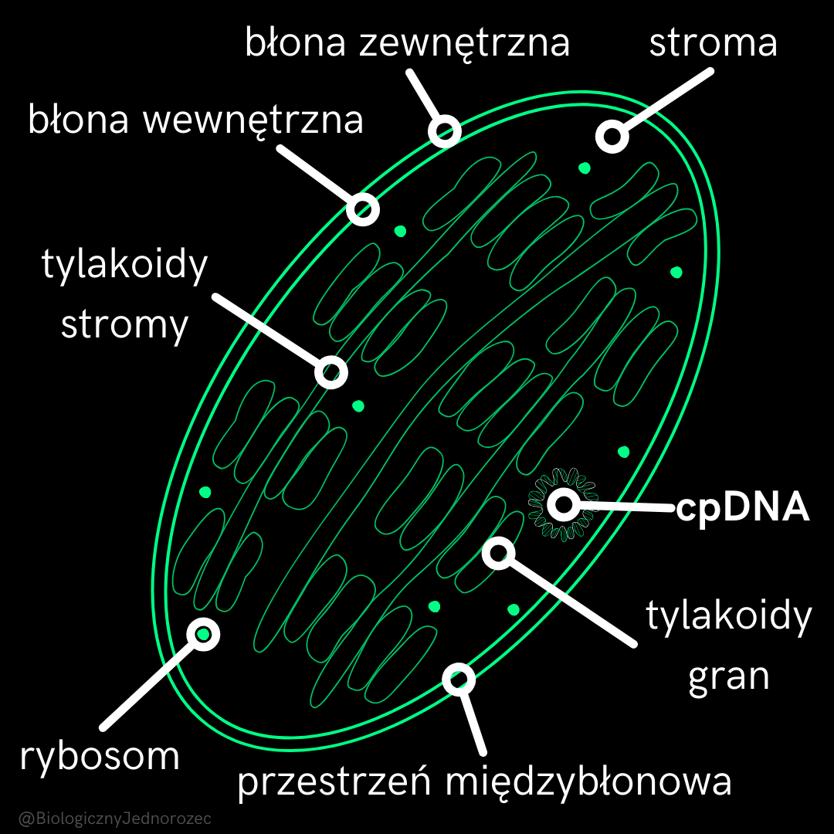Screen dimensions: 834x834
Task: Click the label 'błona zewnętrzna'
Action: (407, 42)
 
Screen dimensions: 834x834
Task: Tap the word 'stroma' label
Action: (713, 42)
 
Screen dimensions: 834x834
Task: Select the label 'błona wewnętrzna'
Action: (195, 120)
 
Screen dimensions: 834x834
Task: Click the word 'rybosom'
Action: (100, 756)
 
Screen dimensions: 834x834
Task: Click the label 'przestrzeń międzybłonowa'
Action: (484, 781)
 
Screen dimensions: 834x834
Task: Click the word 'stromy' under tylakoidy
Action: (124, 324)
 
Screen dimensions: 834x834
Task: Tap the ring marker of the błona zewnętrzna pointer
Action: (445, 131)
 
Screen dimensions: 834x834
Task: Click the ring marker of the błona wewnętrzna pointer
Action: (363, 208)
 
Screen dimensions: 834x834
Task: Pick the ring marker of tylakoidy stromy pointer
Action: (331, 372)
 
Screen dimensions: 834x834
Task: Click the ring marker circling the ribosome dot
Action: (204, 634)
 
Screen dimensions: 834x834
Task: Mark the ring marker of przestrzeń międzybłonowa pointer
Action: (459, 679)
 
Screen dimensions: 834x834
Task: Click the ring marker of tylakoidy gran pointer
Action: (500, 552)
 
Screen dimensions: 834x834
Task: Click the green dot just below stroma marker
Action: (585, 168)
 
